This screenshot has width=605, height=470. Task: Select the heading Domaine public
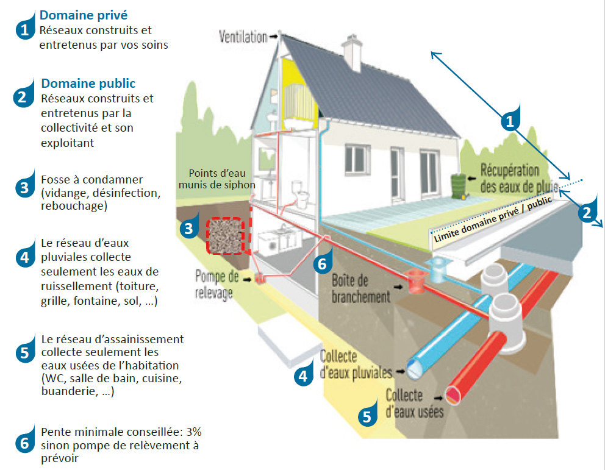[x=88, y=84]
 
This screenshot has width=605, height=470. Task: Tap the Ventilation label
[x=243, y=37]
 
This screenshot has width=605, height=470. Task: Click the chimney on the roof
[x=353, y=52]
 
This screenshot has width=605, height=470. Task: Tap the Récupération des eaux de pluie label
[x=509, y=178]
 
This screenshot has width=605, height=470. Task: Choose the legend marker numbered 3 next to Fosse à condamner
[x=24, y=188]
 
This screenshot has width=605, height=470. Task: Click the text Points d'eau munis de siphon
[x=221, y=178]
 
